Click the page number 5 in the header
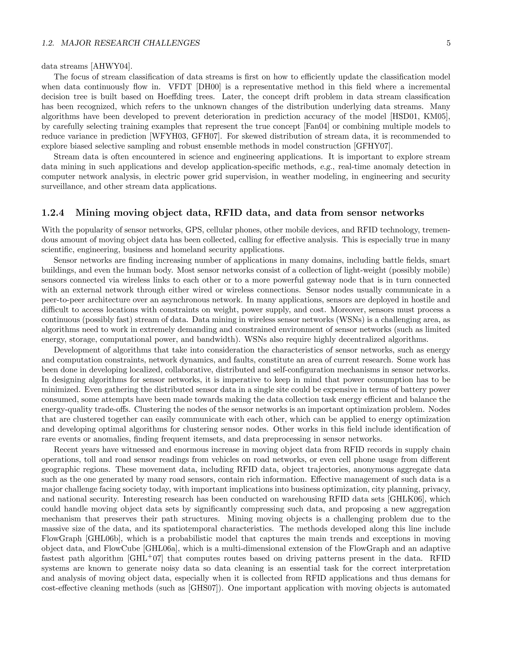[448, 43]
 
